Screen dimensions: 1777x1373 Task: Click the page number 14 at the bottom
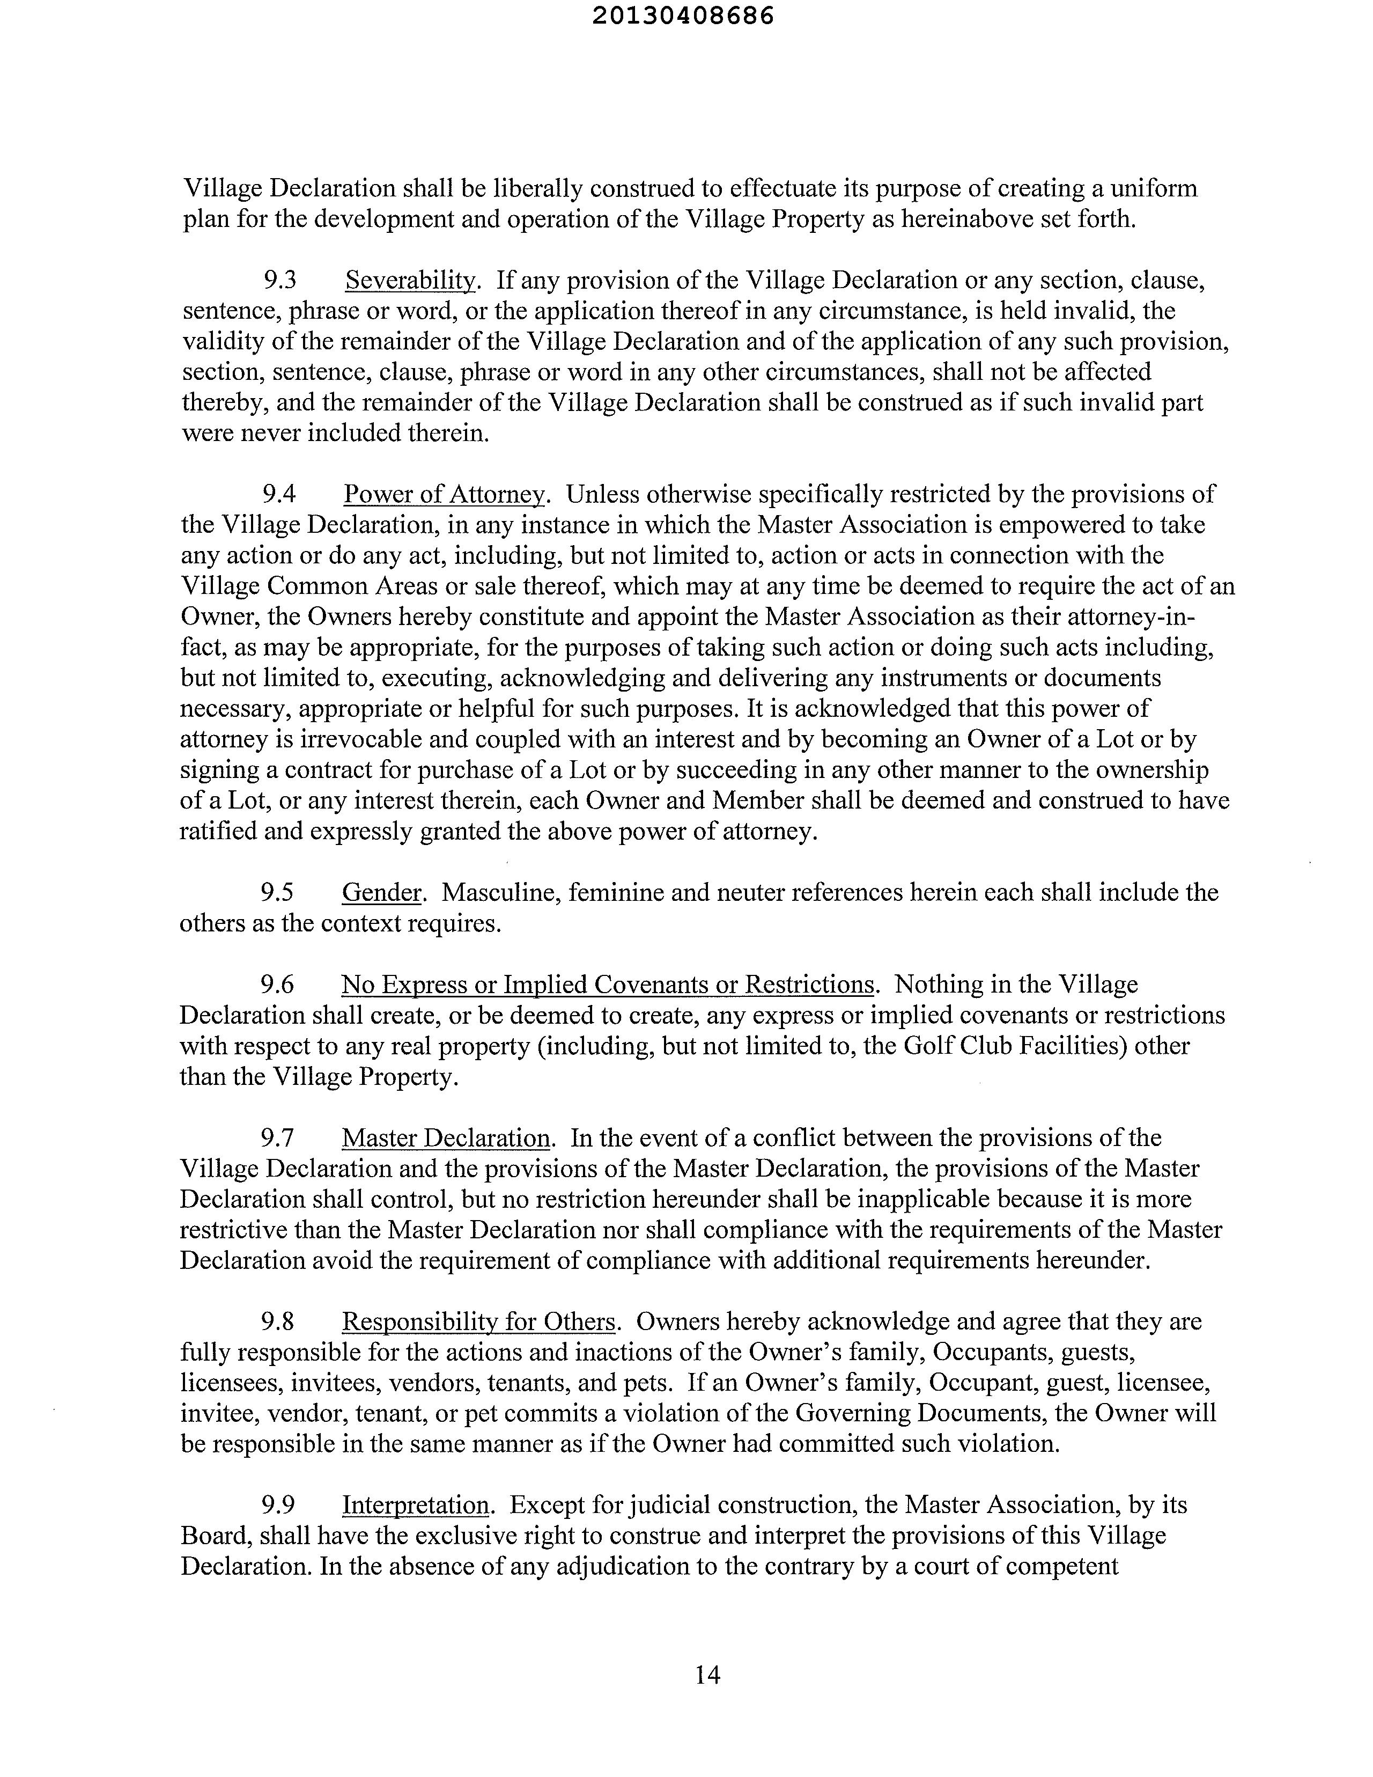707,1675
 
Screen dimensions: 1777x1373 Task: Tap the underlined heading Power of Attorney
444,494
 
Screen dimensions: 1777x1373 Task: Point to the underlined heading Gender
381,893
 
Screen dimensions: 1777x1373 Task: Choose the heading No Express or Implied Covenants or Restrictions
607,985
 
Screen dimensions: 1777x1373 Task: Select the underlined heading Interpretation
415,1505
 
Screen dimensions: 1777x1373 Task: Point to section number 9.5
277,893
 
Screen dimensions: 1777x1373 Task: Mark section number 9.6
277,985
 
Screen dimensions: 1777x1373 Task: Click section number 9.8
277,1321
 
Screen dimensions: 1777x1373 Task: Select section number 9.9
277,1505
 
